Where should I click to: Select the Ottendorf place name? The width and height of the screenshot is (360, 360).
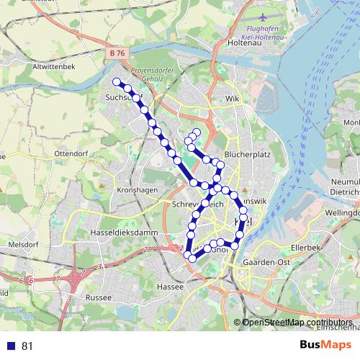tap(70, 154)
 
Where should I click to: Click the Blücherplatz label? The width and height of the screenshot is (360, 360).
tap(247, 154)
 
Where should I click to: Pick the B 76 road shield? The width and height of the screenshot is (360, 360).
tap(118, 53)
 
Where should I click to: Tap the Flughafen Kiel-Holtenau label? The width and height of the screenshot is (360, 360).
tap(258, 32)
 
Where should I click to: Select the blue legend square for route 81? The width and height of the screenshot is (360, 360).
tap(9, 346)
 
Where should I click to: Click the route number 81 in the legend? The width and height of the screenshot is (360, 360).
tap(27, 346)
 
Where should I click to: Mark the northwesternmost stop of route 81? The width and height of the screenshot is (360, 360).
tap(117, 81)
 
